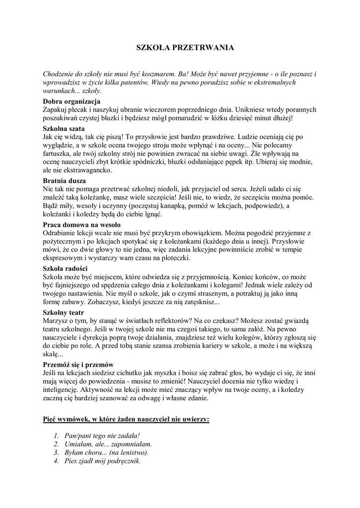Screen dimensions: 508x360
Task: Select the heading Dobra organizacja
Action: point(72,101)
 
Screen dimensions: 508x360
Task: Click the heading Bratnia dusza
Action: point(65,181)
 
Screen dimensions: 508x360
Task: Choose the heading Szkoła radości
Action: point(65,268)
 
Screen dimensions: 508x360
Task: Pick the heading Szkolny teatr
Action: point(63,313)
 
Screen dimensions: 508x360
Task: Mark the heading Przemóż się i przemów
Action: point(78,365)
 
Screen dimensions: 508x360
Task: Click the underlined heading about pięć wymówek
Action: point(126,419)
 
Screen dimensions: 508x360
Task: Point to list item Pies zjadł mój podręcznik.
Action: point(103,461)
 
